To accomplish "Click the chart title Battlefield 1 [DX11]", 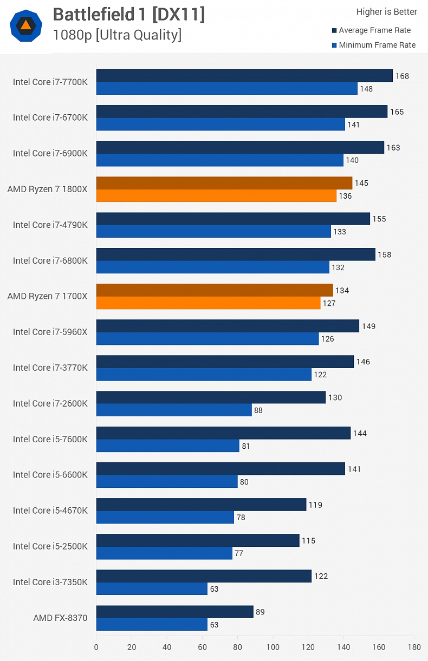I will [129, 15].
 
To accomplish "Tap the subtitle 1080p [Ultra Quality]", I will [117, 35].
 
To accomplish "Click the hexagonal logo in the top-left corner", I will [25, 25].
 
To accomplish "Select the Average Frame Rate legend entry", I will [374, 30].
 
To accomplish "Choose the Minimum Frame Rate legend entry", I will [377, 45].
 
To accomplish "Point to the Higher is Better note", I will [386, 12].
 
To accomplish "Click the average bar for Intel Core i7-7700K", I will [244, 76].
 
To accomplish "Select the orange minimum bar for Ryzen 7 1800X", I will [216, 196].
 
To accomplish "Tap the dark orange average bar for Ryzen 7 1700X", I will [215, 290].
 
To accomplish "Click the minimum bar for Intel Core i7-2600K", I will [174, 410].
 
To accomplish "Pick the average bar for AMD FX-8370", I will [175, 612].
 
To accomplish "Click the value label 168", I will [402, 76].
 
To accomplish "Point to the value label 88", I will [258, 411].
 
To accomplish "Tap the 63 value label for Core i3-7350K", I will [214, 590].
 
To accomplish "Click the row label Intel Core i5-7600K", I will [50, 439].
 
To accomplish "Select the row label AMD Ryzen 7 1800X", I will [47, 189].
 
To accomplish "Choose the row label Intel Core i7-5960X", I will [50, 332].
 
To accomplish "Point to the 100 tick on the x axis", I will [273, 647].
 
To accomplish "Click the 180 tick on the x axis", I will [414, 647].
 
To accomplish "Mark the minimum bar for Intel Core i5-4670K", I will [165, 518].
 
